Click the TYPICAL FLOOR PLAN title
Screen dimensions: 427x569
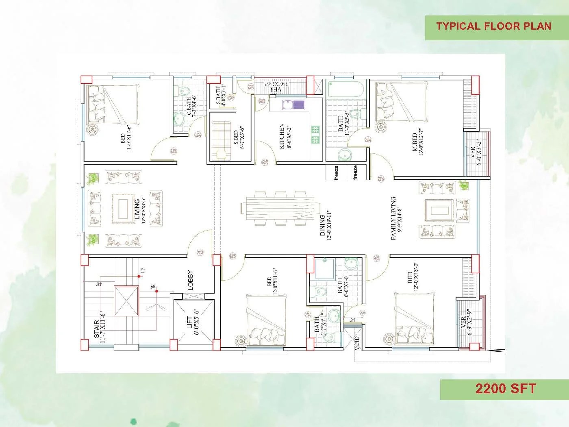[x=493, y=26]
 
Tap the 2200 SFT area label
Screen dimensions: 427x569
[x=506, y=389]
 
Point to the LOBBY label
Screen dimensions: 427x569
[x=190, y=280]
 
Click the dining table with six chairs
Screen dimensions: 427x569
[x=280, y=208]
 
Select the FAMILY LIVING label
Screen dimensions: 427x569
[x=393, y=218]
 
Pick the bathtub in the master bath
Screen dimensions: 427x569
[x=345, y=89]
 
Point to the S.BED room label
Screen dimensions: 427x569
[x=236, y=139]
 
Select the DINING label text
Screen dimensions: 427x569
[x=322, y=225]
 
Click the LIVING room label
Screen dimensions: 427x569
[x=137, y=209]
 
